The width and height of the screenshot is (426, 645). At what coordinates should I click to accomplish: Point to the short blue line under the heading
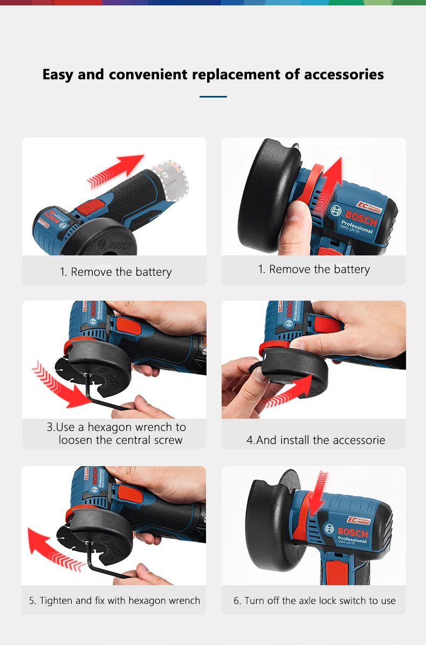click(x=213, y=97)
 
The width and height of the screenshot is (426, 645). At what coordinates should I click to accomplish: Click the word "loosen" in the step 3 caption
click(x=75, y=440)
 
